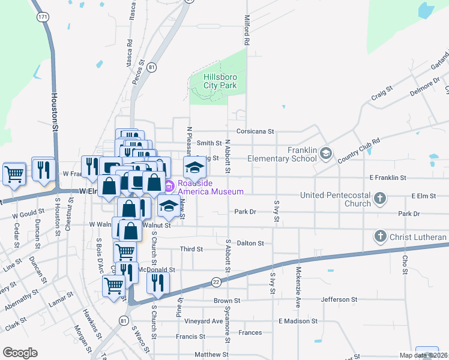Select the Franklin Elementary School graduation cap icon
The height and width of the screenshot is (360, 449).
(x=325, y=153)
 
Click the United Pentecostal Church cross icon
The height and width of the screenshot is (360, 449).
(x=379, y=198)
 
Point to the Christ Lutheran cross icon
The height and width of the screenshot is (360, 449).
(x=379, y=236)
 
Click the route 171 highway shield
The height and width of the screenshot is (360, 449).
(x=42, y=17)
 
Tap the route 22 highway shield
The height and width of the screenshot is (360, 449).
(x=216, y=281)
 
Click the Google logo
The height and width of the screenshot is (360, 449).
(x=20, y=353)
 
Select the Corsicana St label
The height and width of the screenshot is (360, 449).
(x=255, y=131)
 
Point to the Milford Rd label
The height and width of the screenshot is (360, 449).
(x=246, y=31)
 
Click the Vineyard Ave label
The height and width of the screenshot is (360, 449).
(x=203, y=321)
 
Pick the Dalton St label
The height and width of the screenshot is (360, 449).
(x=250, y=243)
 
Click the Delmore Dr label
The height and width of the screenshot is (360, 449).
(x=424, y=85)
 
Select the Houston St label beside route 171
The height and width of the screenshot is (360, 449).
(x=54, y=117)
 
